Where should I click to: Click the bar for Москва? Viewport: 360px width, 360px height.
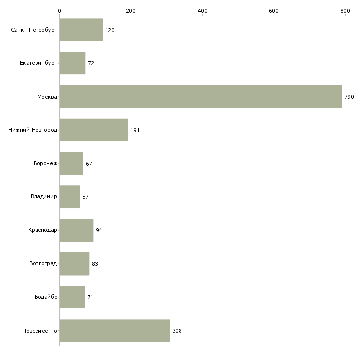point(200,97)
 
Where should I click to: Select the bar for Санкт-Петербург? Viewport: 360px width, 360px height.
point(81,30)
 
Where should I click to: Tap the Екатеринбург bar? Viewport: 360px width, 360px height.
point(72,63)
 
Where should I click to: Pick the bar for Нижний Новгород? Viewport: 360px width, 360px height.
point(93,130)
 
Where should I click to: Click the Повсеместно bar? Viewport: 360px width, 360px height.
point(114,330)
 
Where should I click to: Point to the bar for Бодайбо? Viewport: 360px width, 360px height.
point(72,297)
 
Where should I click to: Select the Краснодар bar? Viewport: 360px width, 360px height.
point(76,230)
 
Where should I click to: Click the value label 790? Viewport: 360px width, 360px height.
point(349,97)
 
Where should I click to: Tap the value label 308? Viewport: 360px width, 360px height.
point(177,331)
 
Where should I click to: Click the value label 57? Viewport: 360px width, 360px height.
point(85,197)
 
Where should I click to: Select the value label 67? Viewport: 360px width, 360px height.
point(89,164)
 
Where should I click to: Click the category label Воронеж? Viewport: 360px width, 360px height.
point(45,164)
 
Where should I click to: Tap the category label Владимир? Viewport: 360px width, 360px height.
point(43,197)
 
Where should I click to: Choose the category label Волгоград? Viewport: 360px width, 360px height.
point(43,264)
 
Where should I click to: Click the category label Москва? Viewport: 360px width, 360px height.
point(47,97)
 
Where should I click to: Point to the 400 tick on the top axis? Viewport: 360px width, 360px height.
point(202,10)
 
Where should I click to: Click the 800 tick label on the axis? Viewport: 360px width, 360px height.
point(345,10)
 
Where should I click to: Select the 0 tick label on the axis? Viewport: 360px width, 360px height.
point(59,10)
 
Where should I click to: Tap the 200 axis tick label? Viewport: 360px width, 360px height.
point(131,10)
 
